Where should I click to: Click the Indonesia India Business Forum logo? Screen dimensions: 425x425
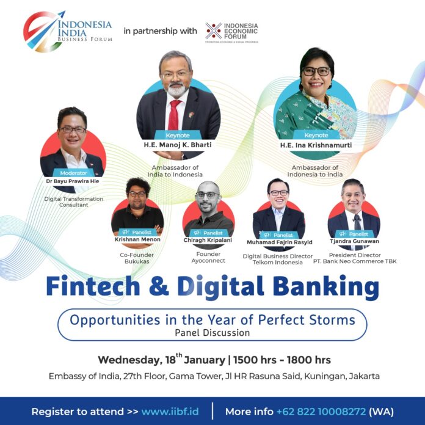(68, 32)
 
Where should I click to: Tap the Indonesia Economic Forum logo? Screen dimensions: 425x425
(232, 32)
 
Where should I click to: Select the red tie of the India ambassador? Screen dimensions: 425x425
(174, 115)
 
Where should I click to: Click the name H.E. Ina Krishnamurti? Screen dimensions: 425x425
(316, 145)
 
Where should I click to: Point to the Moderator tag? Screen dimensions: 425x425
(73, 173)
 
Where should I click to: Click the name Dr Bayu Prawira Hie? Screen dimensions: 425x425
(73, 181)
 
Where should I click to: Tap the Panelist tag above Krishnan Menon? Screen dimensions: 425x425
(138, 232)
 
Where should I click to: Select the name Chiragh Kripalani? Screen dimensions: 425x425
(208, 240)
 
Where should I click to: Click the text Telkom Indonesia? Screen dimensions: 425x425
(278, 263)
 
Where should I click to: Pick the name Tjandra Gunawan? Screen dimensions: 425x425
(354, 241)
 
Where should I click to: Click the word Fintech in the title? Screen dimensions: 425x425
(93, 286)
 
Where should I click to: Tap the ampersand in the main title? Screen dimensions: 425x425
(159, 286)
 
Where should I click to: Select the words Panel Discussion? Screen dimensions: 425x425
(212, 333)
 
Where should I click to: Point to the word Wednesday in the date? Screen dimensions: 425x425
(129, 360)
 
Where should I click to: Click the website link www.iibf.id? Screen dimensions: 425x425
(170, 412)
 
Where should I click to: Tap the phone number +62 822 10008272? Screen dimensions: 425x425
(321, 412)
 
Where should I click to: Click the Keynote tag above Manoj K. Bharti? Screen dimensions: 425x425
(178, 135)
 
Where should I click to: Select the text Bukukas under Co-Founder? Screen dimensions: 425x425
(137, 261)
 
